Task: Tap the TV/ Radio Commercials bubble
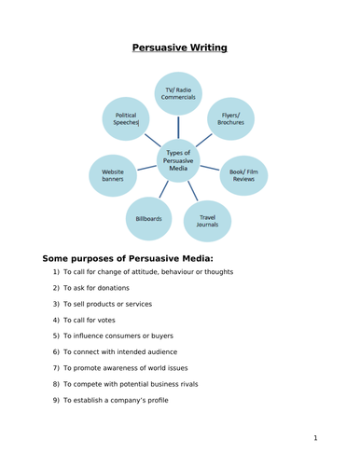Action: pyautogui.click(x=180, y=94)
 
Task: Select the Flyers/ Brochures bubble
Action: pyautogui.click(x=230, y=118)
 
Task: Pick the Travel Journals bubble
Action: pyautogui.click(x=207, y=221)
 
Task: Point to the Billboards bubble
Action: pyautogui.click(x=148, y=219)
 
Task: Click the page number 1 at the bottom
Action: pyautogui.click(x=315, y=437)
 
